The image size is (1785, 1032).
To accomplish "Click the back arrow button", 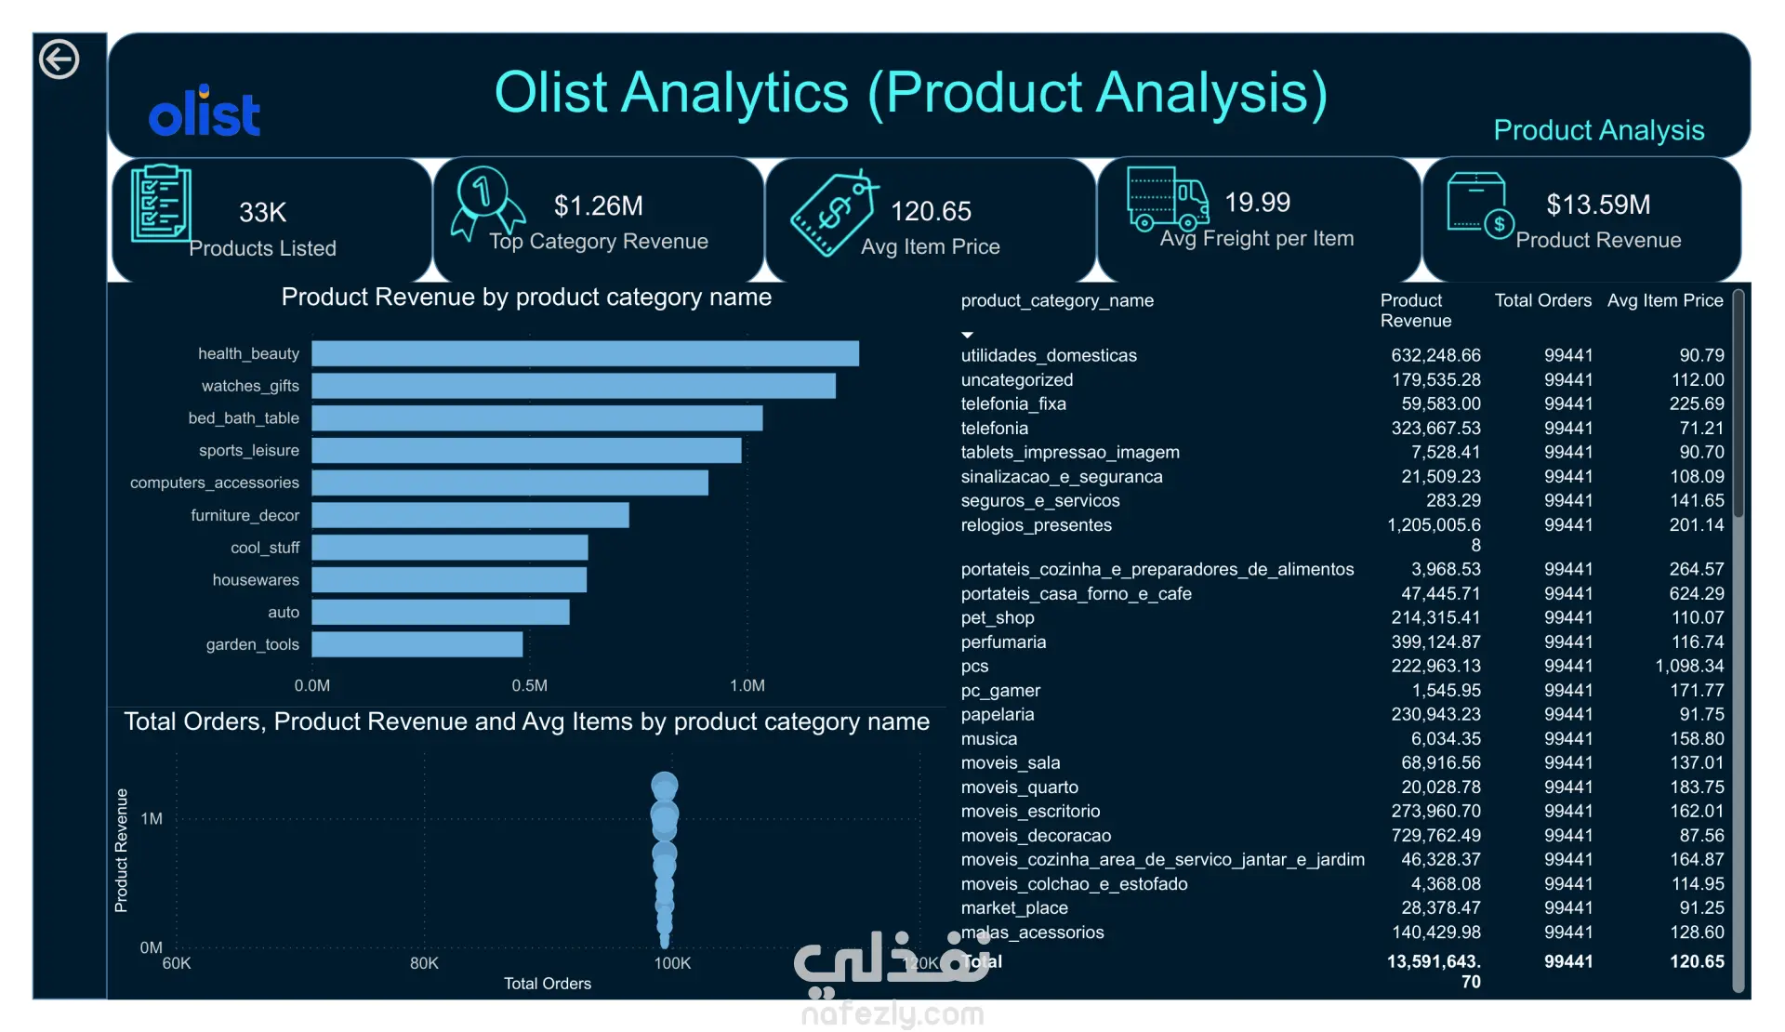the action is click(x=59, y=60).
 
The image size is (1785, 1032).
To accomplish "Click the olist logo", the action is click(x=205, y=112).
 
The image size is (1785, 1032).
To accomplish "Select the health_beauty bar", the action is click(x=585, y=353).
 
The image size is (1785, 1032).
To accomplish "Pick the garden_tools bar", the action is click(x=416, y=644).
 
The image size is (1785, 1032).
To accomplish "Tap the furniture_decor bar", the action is click(x=469, y=515).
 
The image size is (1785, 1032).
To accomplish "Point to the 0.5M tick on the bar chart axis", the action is click(x=529, y=686).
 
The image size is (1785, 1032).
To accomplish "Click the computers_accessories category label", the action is click(x=215, y=483).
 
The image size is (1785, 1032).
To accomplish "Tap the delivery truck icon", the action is click(x=1168, y=198).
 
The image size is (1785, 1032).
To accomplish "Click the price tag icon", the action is click(x=833, y=214).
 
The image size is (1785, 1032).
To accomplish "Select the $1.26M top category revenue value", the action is click(x=599, y=205).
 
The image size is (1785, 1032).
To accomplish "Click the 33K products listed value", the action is click(x=262, y=212).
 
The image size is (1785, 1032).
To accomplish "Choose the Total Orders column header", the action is click(x=1543, y=300).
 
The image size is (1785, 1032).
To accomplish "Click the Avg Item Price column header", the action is click(x=1665, y=300).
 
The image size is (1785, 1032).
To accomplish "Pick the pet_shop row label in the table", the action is click(x=998, y=617).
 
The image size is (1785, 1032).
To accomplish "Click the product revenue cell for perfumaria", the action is click(x=1435, y=642).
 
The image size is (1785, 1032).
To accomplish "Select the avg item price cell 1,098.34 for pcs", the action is click(x=1689, y=666).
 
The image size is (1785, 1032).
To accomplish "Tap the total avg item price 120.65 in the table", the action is click(x=1697, y=961).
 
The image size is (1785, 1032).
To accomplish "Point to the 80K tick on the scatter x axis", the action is click(x=424, y=963).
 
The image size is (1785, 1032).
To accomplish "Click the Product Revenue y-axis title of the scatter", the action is click(x=121, y=850).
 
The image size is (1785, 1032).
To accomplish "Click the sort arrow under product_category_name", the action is click(x=967, y=335).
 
